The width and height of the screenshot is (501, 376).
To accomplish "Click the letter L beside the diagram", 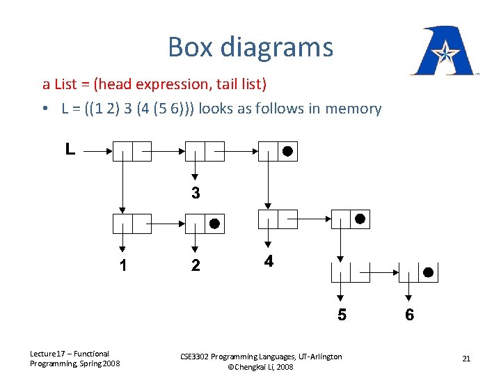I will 70,149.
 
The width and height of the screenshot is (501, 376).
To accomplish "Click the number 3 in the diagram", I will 196,193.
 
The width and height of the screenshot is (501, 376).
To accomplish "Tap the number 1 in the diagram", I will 122,265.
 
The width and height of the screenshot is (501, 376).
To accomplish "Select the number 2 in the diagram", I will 196,265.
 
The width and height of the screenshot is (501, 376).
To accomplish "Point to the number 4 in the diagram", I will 269,262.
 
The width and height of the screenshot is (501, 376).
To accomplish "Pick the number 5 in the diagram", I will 342,315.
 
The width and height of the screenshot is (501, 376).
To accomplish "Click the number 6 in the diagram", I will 409,315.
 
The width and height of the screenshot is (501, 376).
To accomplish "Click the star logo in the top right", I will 441,52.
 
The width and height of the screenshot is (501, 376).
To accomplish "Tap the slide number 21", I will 466,359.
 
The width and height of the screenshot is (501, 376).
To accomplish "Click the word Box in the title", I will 191,47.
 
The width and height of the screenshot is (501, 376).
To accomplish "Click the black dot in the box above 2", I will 215,224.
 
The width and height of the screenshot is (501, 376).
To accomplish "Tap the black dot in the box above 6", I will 429,272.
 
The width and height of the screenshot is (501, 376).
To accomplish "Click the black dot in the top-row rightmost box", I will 287,150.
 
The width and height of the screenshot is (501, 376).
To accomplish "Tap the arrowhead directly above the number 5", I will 339,297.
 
